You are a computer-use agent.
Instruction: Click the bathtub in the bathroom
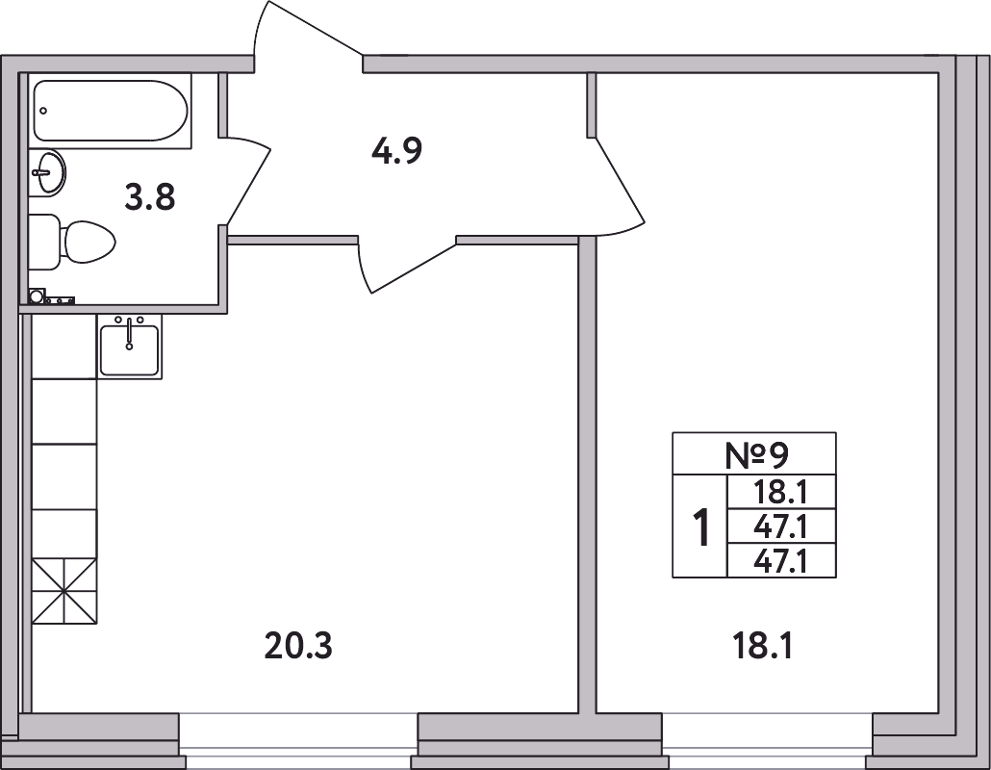tap(111, 111)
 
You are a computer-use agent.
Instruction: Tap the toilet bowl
tap(89, 243)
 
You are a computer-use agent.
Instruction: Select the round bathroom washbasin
tap(48, 172)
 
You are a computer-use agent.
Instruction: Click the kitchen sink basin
tap(130, 349)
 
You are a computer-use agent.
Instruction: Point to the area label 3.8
tap(150, 198)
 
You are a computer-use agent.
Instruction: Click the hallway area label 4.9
tap(397, 152)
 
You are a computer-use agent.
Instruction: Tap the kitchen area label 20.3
tap(298, 646)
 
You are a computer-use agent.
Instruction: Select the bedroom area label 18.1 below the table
tap(762, 646)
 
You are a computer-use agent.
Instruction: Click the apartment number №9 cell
tap(754, 454)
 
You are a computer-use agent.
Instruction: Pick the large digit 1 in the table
tap(700, 526)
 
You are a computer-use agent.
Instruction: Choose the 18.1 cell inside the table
tap(782, 492)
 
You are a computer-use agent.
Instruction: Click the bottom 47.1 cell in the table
tap(782, 561)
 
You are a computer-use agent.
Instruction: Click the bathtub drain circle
tap(43, 111)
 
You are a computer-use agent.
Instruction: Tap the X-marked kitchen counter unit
tap(64, 591)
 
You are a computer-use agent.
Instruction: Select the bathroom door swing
tap(248, 180)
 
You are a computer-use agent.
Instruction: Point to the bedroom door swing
tap(616, 187)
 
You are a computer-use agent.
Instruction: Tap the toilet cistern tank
tap(44, 242)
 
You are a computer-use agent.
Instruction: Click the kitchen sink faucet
tap(130, 334)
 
